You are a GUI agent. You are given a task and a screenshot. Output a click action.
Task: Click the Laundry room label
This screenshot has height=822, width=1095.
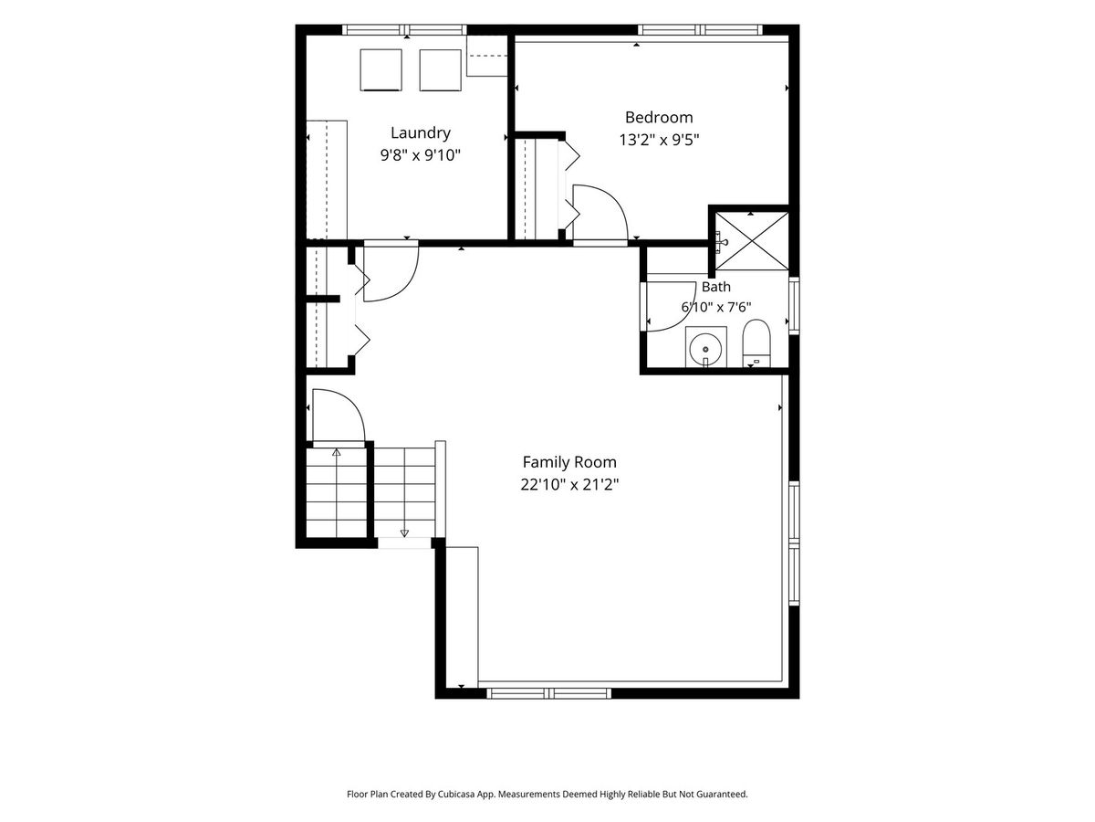[x=420, y=132]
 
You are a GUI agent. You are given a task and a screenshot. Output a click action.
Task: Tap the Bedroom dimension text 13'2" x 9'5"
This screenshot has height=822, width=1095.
[x=659, y=140]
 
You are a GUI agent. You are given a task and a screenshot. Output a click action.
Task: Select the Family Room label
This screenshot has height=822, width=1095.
[x=569, y=461]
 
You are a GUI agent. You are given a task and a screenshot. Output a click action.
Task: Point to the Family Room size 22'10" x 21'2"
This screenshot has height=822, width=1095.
[x=569, y=485]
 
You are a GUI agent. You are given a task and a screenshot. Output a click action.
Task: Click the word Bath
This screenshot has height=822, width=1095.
[x=716, y=287]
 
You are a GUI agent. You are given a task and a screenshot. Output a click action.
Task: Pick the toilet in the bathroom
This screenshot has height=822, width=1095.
[x=756, y=343]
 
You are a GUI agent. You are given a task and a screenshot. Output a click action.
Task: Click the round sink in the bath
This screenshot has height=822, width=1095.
[x=705, y=349]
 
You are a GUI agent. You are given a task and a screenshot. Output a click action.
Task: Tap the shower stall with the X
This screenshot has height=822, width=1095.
[x=752, y=241]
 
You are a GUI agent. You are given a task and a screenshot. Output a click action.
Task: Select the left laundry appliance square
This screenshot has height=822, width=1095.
[x=381, y=70]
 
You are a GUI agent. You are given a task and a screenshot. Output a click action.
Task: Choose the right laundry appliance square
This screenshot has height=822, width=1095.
[x=440, y=70]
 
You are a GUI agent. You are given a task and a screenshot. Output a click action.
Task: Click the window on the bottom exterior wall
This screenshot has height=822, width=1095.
[x=548, y=693]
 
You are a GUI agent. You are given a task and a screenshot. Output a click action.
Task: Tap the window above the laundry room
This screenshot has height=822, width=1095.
[x=404, y=30]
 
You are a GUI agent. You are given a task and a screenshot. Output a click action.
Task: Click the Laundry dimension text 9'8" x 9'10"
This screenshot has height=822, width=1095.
[x=420, y=155]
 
